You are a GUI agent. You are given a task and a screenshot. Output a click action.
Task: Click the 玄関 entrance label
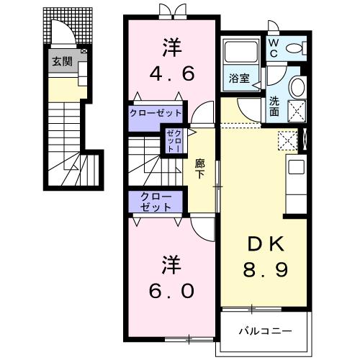pos(61,62)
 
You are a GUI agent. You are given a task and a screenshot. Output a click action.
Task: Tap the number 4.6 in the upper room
pos(173,74)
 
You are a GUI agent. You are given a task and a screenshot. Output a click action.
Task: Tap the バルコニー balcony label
pos(265,331)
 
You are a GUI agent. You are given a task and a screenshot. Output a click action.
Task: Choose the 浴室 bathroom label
pos(239,78)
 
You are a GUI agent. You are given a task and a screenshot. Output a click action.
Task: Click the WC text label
pos(274,47)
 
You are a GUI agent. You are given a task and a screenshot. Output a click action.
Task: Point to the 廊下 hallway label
pos(201,168)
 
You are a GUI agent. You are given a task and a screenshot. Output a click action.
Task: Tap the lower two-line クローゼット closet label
pos(156,201)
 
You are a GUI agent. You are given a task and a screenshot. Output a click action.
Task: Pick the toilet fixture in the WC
pos(294,49)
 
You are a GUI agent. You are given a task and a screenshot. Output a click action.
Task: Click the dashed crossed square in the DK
pos(288,141)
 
